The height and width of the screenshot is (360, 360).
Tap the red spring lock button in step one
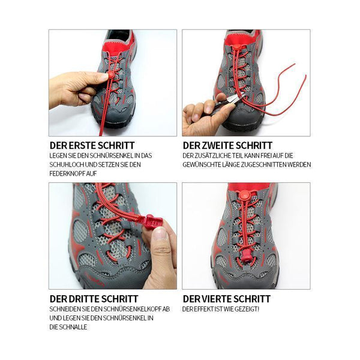tap(111, 74)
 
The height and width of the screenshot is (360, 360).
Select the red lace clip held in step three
tap(150, 221)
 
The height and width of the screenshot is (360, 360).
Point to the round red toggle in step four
tap(245, 196)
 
